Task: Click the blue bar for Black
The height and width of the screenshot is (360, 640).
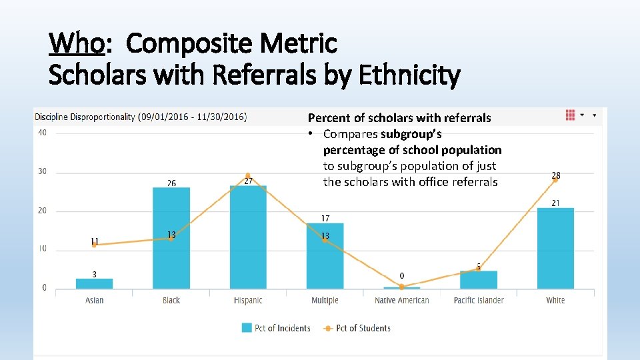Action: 171,237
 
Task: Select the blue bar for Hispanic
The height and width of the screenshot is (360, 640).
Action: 248,237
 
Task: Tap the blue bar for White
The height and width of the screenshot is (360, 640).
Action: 555,248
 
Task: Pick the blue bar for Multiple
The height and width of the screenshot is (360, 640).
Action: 325,255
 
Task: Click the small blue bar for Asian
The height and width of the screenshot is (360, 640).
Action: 94,283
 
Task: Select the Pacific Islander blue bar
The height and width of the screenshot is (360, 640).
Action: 479,279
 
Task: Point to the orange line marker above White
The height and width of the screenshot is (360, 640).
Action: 555,180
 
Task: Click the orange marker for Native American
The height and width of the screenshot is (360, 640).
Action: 402,287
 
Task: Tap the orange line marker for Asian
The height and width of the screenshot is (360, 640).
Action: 94,245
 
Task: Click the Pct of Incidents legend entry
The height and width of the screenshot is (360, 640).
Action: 276,328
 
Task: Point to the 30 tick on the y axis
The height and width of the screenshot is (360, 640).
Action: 42,171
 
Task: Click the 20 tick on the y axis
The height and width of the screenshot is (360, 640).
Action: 42,211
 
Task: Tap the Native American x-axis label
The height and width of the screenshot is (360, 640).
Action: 402,301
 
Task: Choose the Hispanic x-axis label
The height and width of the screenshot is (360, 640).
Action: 248,301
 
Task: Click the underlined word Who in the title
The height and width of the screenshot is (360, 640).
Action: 77,44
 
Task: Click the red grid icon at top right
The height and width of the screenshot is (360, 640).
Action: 570,115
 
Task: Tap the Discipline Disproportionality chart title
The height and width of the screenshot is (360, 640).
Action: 140,117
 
